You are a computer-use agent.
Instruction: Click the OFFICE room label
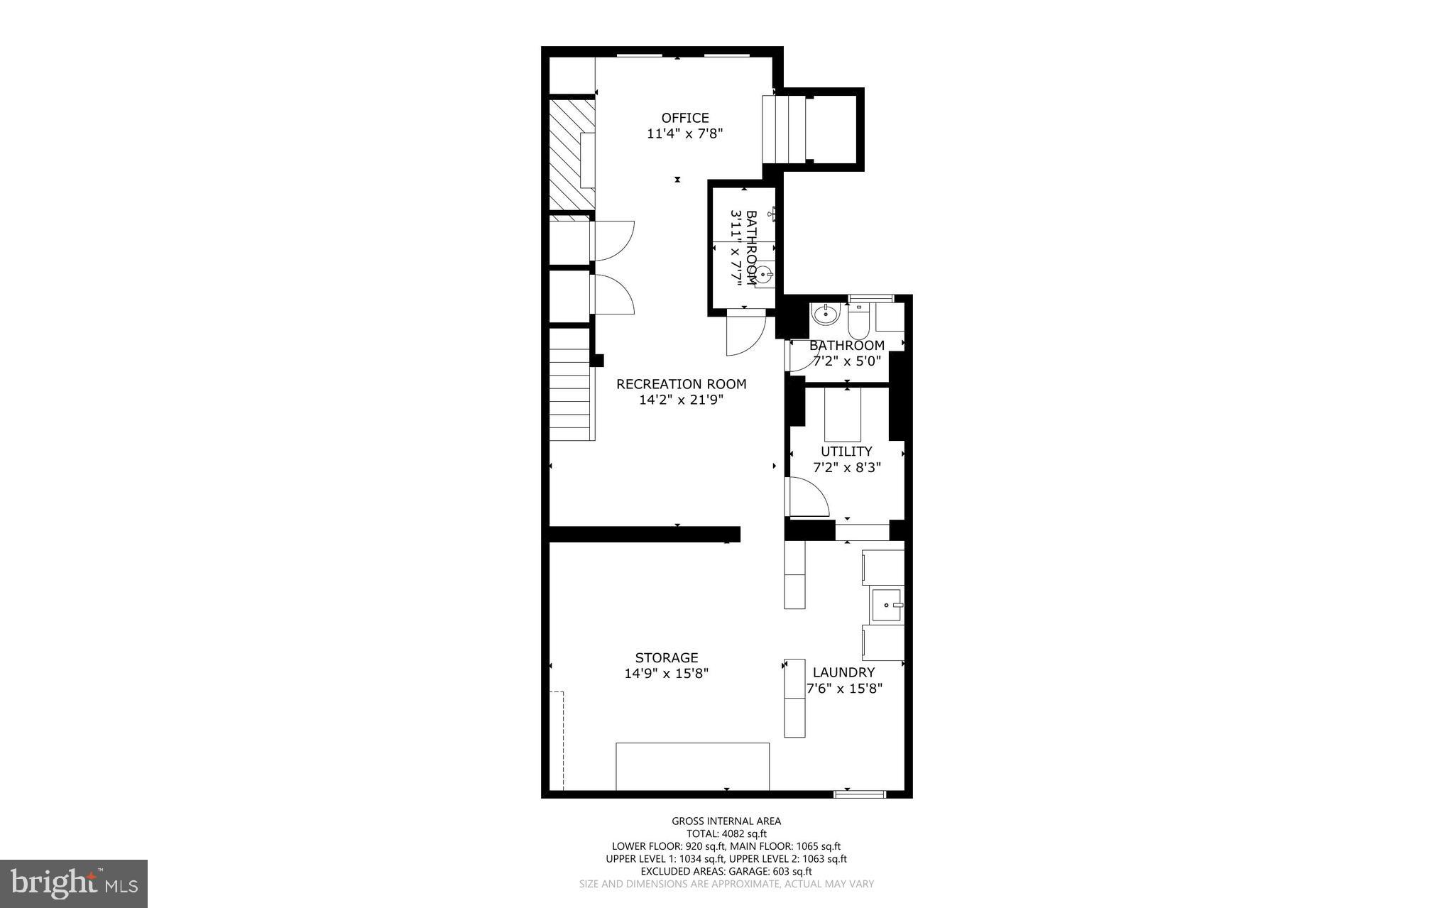coord(685,118)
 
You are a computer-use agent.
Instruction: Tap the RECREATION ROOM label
coord(682,384)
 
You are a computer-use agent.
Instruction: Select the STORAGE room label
coord(667,658)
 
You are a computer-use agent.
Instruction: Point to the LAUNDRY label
coord(843,672)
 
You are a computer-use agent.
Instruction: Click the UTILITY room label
coord(846,452)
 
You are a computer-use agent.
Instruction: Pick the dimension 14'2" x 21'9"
coord(682,400)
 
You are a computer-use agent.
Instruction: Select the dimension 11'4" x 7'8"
coord(685,133)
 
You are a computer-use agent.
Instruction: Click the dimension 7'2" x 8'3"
coord(847,467)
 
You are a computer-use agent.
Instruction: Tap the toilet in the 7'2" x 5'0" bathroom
coord(858,321)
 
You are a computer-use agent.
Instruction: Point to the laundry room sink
coord(886,606)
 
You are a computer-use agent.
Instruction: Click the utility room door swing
coord(809,496)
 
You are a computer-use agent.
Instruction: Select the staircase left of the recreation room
coord(572,384)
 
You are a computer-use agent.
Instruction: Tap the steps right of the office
coord(785,129)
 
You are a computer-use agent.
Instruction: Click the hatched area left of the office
coord(572,154)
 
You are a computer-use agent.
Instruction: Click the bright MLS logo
coord(74,883)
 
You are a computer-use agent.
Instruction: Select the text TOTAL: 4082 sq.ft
coord(726,834)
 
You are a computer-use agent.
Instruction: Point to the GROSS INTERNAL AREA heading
coord(726,821)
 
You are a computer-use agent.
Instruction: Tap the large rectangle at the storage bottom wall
coord(692,766)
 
